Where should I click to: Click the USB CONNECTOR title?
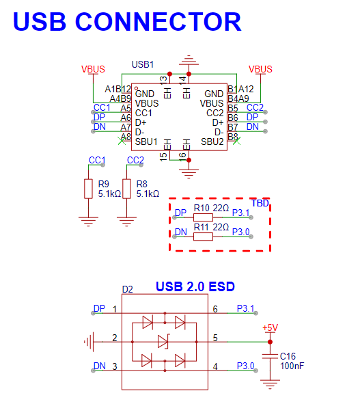[x=127, y=22]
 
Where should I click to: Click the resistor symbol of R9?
[x=88, y=189]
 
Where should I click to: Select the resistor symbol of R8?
[x=126, y=189]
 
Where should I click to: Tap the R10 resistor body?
[x=203, y=217]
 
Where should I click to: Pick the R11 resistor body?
[x=203, y=237]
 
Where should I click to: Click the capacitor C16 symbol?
[x=270, y=356]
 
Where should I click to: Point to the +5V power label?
[x=270, y=327]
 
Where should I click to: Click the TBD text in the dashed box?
[x=260, y=203]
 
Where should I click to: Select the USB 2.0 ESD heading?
[x=195, y=286]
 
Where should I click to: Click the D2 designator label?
[x=128, y=289]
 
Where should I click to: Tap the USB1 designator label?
[x=143, y=64]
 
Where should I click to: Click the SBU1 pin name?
[x=146, y=142]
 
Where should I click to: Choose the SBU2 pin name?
[x=212, y=142]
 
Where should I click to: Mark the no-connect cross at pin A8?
[x=122, y=141]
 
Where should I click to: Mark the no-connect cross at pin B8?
[x=236, y=141]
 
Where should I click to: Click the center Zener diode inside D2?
[x=163, y=342]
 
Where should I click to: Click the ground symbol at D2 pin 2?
[x=89, y=342]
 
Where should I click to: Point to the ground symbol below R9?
[x=88, y=221]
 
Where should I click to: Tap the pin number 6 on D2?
[x=215, y=309]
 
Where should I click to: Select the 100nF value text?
[x=292, y=366]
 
